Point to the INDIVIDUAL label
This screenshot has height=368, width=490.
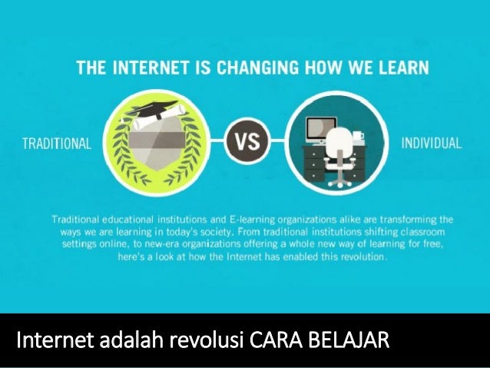click(432, 143)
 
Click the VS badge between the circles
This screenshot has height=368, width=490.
click(245, 143)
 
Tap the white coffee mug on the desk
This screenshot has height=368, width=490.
click(356, 138)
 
